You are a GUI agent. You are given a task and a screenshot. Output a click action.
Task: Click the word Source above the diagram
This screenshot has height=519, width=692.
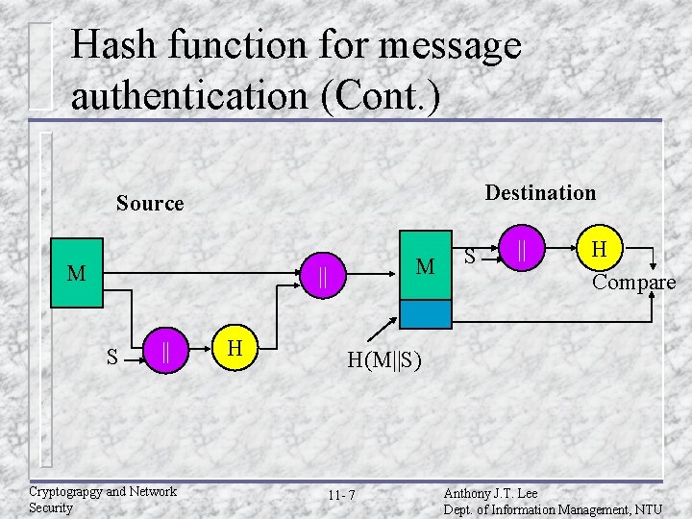150,204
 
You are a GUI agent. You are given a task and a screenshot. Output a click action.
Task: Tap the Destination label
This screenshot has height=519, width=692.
540,193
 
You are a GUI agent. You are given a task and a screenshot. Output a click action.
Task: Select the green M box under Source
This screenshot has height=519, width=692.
76,274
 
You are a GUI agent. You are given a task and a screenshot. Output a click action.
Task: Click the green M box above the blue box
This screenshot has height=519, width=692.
425,265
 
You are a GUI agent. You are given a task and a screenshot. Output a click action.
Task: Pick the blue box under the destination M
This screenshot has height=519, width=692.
425,314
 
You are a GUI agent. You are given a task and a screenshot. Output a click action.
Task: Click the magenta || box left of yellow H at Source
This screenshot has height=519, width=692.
166,352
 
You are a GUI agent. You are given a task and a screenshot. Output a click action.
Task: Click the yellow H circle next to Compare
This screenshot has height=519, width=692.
599,250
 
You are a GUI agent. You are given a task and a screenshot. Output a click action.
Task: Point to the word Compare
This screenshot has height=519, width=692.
633,283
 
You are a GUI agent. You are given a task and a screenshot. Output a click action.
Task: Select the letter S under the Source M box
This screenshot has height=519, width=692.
112,358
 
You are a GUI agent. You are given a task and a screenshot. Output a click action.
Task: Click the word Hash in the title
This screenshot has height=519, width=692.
118,45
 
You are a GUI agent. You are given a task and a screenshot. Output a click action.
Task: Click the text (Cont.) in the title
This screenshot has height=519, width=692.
400,96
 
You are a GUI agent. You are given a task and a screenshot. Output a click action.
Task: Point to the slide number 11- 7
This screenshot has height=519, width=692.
340,496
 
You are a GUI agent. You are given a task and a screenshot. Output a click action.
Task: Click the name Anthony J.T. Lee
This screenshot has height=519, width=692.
490,493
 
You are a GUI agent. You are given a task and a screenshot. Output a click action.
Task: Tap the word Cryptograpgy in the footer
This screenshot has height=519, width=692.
66,492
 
